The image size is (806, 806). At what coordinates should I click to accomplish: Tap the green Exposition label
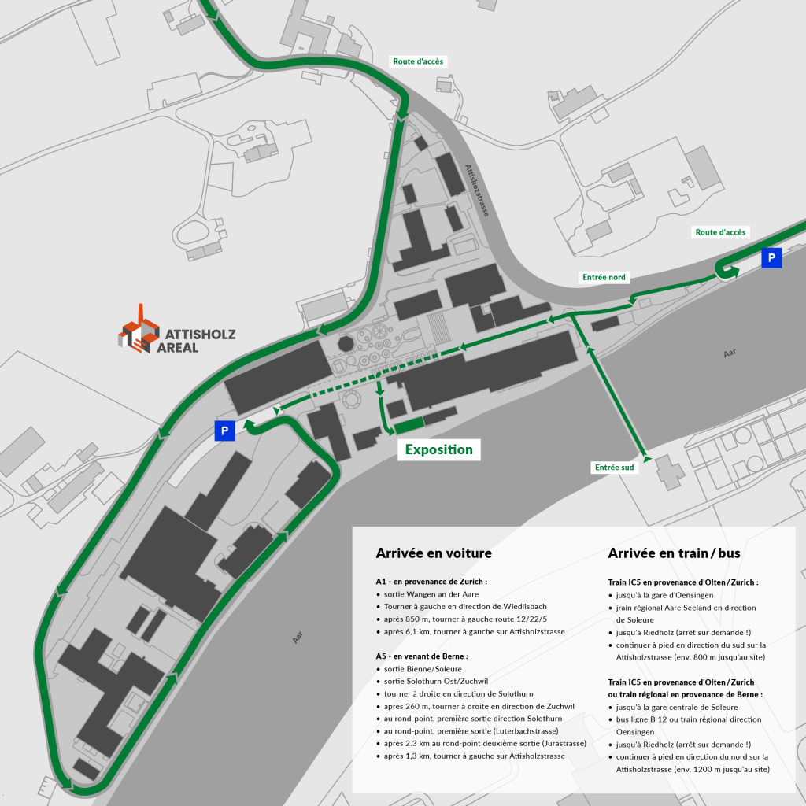pos(438,450)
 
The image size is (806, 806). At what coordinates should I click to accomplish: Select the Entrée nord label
pos(604,277)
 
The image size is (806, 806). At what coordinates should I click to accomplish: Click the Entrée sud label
pos(614,468)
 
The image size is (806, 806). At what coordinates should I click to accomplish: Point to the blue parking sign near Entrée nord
pos(771,257)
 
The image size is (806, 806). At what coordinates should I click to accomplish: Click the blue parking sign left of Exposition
pos(224,431)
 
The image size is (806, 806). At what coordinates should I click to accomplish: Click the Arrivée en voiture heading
pos(434,553)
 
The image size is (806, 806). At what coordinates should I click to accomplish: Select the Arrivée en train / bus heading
pos(674,553)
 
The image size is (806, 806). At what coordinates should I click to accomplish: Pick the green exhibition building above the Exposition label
pos(409,426)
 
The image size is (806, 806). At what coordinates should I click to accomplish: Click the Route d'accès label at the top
pos(418,61)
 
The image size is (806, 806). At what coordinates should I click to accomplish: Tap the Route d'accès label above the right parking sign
pos(720,232)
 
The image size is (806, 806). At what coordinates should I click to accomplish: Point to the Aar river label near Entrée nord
pos(730,353)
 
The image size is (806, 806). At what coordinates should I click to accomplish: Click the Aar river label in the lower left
pos(298,637)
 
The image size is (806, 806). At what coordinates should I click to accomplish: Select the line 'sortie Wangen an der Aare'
pos(431,594)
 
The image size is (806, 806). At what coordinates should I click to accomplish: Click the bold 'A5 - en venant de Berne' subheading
pos(422,656)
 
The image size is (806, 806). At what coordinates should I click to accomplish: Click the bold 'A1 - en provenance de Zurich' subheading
pos(431,582)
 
